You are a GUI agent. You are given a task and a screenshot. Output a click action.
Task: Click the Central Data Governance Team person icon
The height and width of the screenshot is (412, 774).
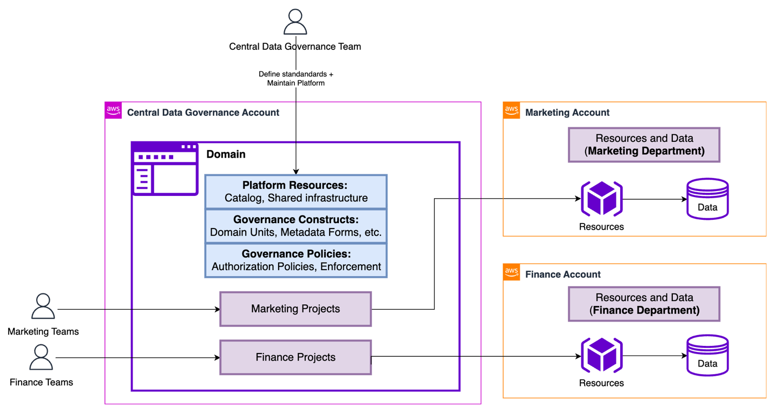tap(296, 22)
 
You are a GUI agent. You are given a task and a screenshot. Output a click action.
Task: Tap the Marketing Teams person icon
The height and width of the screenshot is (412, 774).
tap(43, 306)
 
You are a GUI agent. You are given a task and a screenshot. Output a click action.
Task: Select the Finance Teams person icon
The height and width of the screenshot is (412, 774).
tap(41, 357)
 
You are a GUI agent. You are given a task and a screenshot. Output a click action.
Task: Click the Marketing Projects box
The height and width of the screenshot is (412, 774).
tap(296, 309)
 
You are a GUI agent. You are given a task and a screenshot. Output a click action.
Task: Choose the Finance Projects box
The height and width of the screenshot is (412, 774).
tap(296, 357)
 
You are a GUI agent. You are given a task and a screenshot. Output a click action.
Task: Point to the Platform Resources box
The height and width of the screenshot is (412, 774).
tap(296, 192)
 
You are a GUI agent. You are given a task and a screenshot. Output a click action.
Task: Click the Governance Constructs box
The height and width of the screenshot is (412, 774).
tap(296, 226)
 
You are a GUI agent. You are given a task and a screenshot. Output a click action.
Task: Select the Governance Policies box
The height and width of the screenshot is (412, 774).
tap(296, 260)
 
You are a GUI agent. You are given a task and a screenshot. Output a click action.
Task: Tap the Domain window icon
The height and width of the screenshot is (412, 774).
tap(165, 169)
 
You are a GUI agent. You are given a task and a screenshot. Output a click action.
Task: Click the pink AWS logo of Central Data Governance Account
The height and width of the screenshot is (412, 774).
tap(113, 110)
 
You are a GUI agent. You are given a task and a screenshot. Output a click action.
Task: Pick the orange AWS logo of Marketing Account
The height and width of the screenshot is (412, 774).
tap(511, 110)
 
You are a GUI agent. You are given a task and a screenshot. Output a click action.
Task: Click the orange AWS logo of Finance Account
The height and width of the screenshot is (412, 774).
tap(511, 272)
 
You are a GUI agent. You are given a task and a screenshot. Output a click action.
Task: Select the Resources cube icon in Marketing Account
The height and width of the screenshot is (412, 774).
tap(601, 199)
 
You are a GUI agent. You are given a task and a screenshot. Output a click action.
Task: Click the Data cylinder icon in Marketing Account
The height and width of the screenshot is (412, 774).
tap(707, 199)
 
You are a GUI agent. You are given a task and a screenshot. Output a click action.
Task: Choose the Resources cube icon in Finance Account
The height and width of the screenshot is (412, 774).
tap(601, 356)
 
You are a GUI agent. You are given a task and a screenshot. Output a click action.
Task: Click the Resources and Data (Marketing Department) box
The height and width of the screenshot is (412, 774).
tap(644, 145)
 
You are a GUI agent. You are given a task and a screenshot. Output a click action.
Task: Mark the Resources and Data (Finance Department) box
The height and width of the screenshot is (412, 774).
tap(644, 304)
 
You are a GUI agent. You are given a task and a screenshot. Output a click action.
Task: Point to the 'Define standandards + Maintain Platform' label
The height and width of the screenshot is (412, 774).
tap(296, 79)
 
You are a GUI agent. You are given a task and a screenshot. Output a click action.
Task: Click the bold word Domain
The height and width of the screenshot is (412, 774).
tap(226, 154)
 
